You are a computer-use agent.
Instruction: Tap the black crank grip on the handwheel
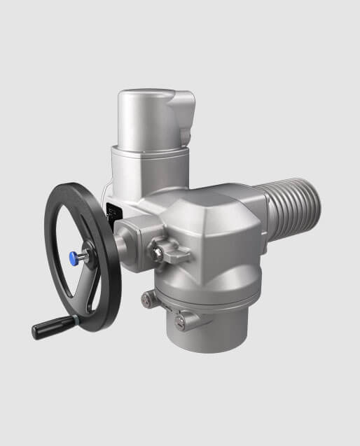point(52,326)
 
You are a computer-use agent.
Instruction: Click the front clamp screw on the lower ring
point(184,321)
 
